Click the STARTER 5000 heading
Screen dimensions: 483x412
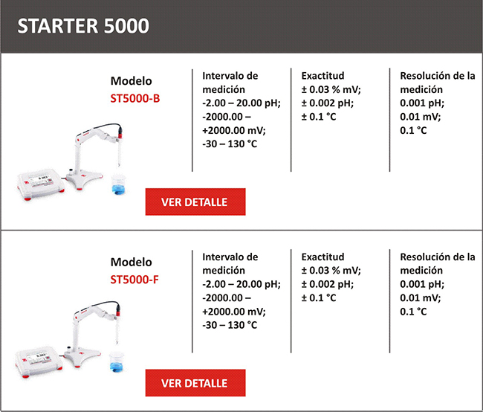[83, 25]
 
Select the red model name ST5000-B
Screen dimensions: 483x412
[135, 98]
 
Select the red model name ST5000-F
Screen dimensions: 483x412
[134, 280]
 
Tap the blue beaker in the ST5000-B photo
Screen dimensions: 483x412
[119, 184]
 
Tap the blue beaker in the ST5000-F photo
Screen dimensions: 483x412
[117, 361]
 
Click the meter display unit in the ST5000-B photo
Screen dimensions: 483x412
[40, 184]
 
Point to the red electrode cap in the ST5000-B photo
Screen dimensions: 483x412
[120, 131]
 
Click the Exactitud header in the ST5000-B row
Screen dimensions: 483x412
[322, 76]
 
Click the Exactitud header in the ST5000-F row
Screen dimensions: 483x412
[322, 257]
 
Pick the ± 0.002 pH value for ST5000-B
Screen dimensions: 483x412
[327, 103]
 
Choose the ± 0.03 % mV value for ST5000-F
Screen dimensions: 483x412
[331, 271]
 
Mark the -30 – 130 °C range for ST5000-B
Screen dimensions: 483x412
[230, 144]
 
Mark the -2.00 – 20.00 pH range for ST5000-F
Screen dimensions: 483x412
[241, 284]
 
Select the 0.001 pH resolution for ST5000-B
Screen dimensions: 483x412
[422, 103]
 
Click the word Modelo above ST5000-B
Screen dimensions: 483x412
[132, 81]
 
